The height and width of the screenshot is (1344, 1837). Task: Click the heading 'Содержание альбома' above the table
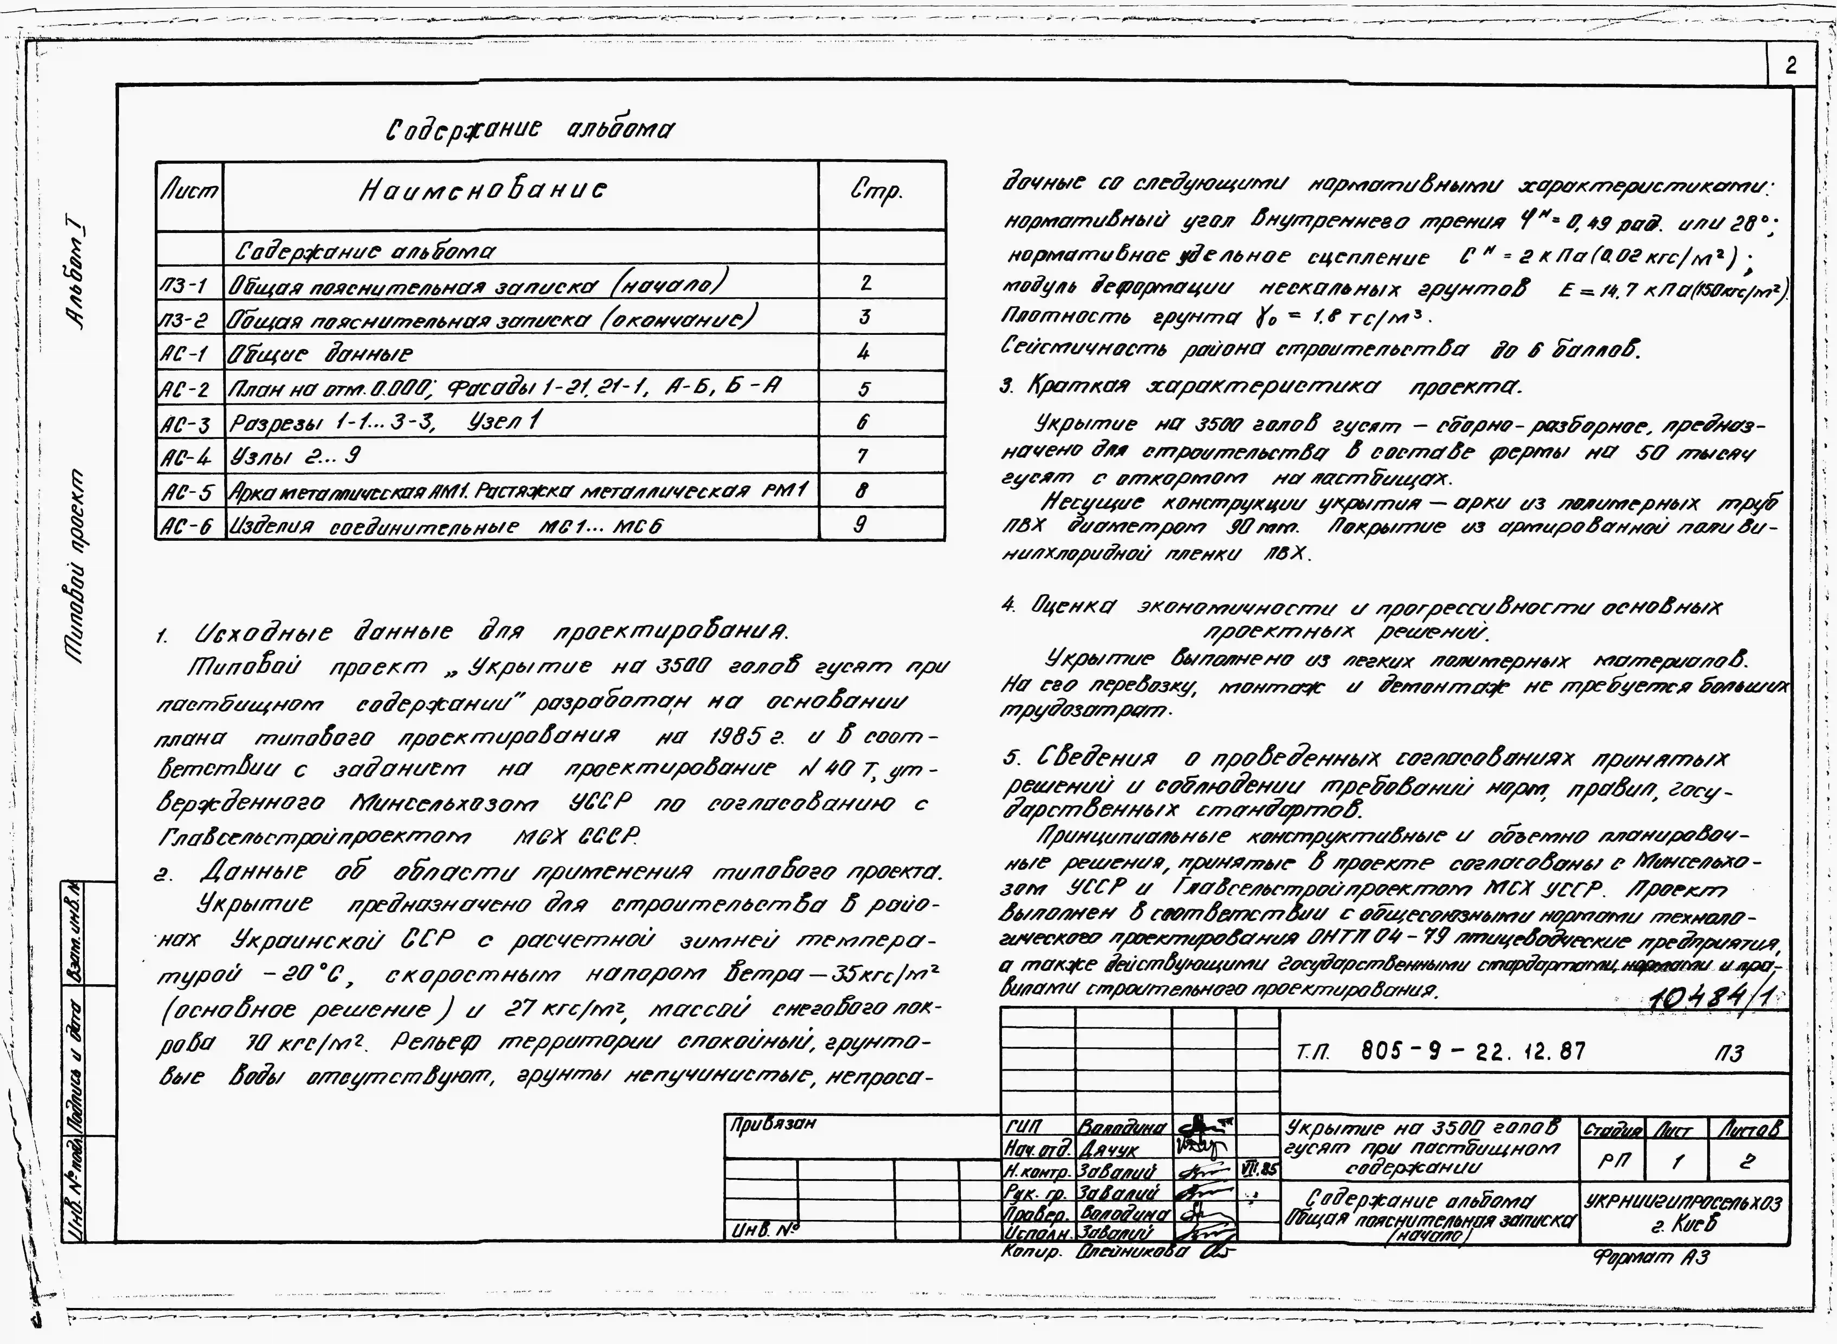[x=530, y=128]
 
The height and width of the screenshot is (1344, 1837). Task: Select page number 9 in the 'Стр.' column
[x=860, y=525]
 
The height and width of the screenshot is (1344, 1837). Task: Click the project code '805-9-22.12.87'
[x=1473, y=1051]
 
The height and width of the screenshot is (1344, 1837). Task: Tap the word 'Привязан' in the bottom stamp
[x=772, y=1124]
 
